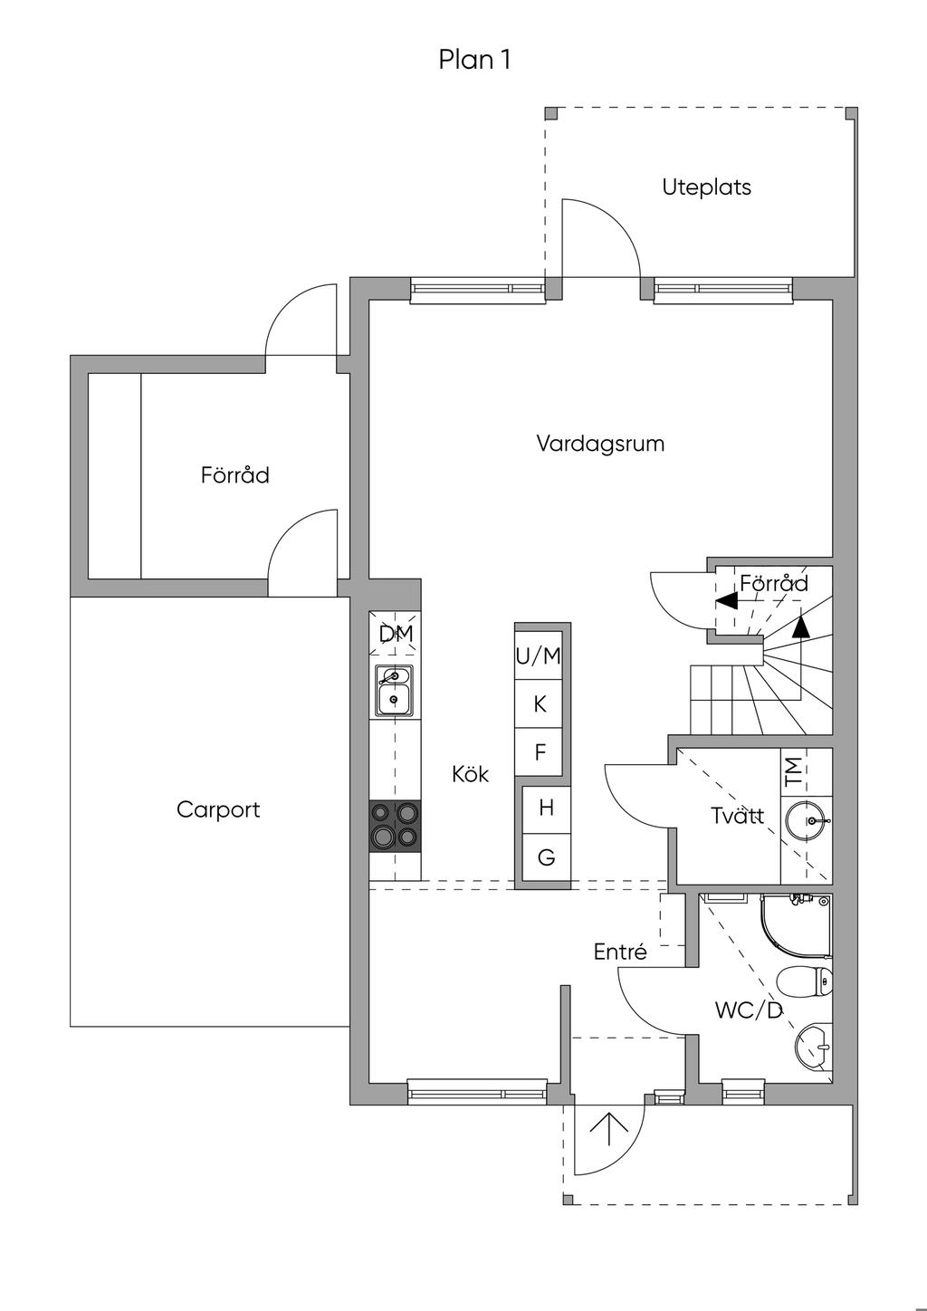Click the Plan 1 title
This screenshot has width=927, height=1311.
click(x=474, y=61)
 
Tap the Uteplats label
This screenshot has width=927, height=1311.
click(x=706, y=188)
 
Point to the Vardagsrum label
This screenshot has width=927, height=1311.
click(x=600, y=444)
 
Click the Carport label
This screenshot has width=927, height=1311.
click(x=218, y=809)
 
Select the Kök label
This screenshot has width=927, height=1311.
click(x=471, y=774)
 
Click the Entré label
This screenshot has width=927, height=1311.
click(x=620, y=952)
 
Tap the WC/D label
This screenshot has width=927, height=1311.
click(x=748, y=1010)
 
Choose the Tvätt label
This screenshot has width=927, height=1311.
click(x=737, y=816)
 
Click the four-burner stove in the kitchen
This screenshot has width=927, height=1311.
click(x=396, y=826)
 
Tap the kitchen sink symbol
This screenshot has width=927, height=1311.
click(x=396, y=687)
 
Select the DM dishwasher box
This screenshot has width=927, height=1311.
click(x=396, y=635)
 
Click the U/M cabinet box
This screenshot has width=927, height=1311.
click(x=540, y=655)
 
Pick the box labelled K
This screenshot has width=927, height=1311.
click(x=540, y=703)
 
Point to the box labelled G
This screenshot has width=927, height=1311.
click(x=546, y=856)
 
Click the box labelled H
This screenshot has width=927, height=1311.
click(x=546, y=808)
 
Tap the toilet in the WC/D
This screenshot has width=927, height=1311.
click(x=805, y=981)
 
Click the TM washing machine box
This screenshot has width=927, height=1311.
click(x=794, y=771)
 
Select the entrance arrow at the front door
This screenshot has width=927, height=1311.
click(x=608, y=1130)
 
